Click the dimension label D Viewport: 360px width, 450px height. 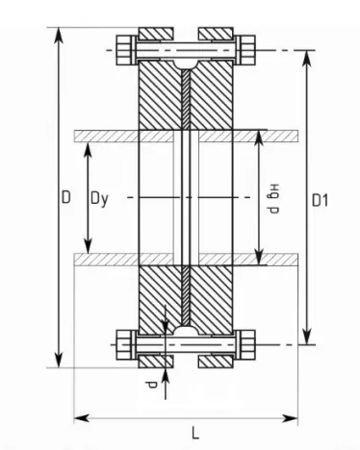(x=65, y=197)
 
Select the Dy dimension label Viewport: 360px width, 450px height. (x=99, y=199)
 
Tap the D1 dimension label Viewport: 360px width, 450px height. (x=320, y=201)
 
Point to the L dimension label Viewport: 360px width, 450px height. (x=195, y=433)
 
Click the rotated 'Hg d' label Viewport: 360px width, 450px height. (x=273, y=199)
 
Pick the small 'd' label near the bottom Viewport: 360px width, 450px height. (x=151, y=385)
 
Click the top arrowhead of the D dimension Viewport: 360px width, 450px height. (x=59, y=35)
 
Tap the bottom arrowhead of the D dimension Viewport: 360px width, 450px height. (x=59, y=361)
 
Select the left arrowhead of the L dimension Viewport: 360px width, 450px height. (x=82, y=418)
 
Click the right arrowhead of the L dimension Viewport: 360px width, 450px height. (x=290, y=418)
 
